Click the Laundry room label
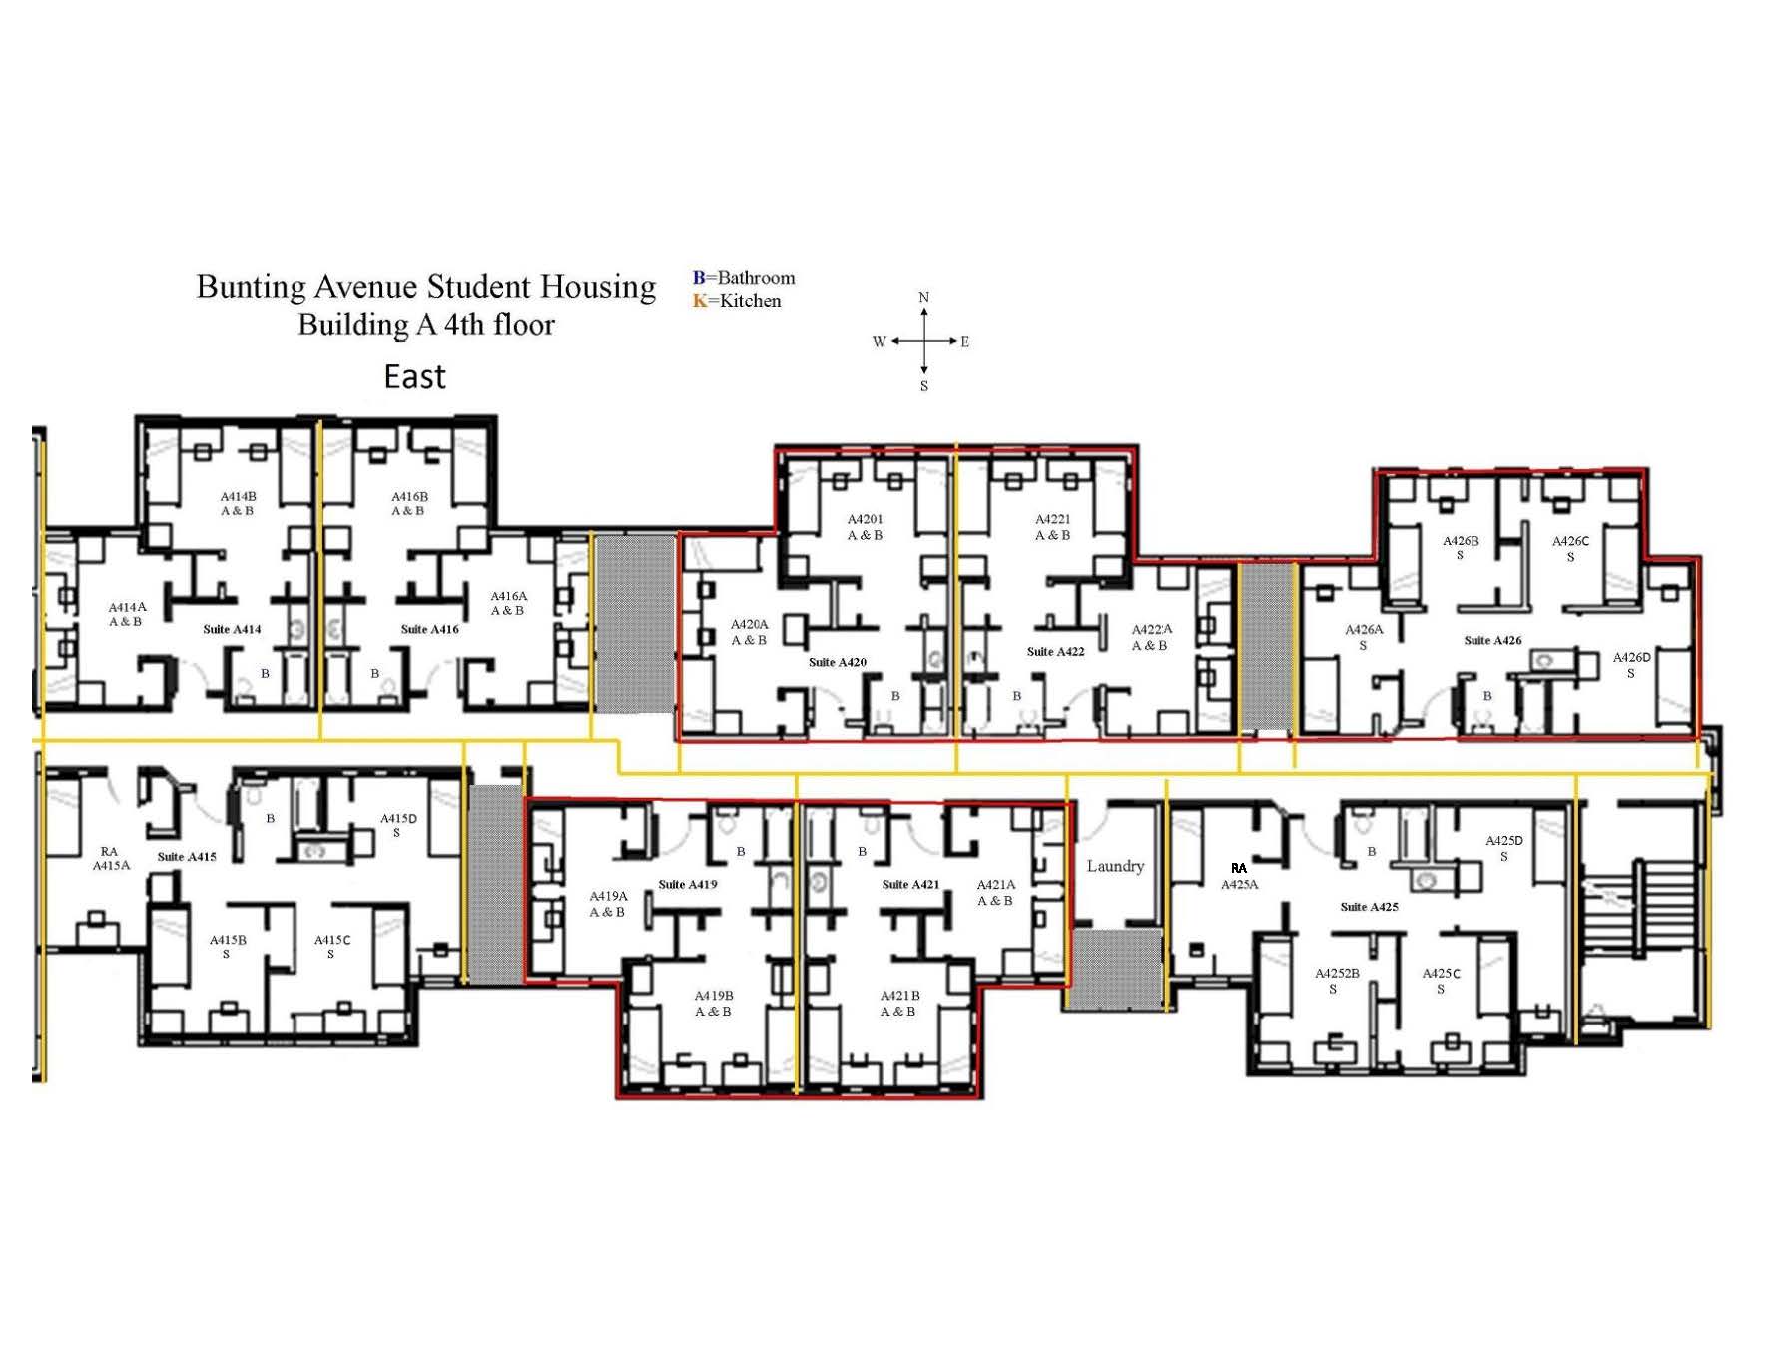click(x=1115, y=866)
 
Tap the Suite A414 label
click(x=232, y=629)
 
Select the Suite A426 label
click(x=1492, y=640)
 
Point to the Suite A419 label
click(x=688, y=884)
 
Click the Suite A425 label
click(x=1369, y=907)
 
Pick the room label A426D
click(x=1631, y=665)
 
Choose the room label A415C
click(x=332, y=947)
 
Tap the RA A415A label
click(x=111, y=859)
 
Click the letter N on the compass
click(x=924, y=297)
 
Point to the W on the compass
click(x=880, y=342)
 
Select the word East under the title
click(x=414, y=376)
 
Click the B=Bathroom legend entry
click(x=744, y=278)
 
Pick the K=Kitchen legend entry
click(x=737, y=301)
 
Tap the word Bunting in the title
click(x=251, y=287)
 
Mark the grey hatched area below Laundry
click(x=1114, y=969)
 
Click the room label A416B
click(x=409, y=503)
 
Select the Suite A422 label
click(x=1055, y=652)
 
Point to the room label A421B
click(x=899, y=1004)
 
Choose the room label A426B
click(x=1461, y=548)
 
